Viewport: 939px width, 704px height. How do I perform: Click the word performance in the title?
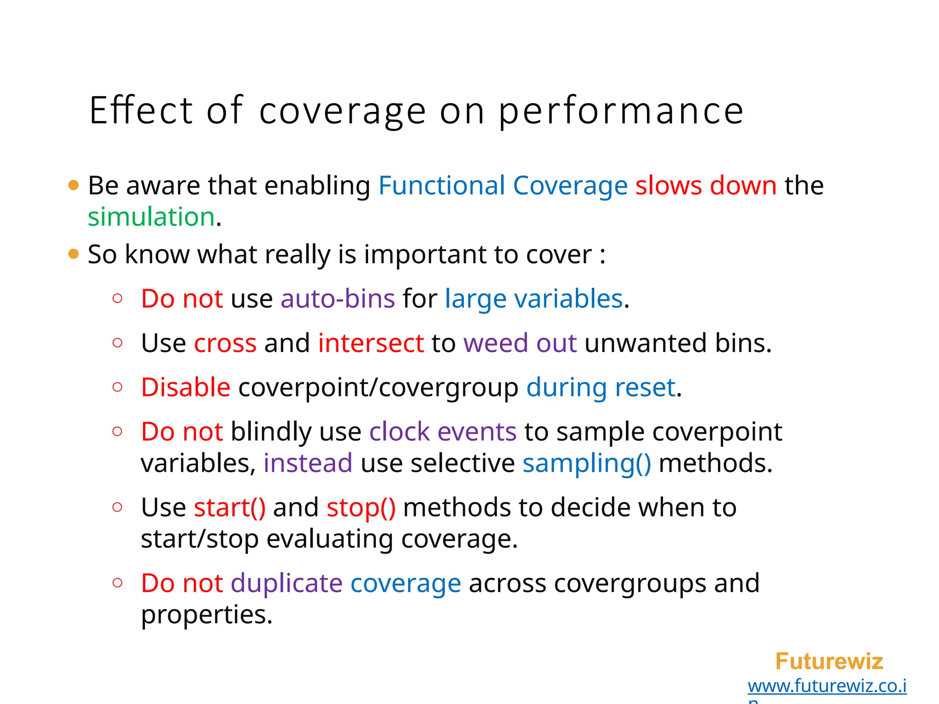click(x=621, y=112)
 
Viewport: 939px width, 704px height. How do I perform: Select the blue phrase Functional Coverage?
click(x=503, y=186)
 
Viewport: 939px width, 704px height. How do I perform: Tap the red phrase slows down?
click(x=706, y=186)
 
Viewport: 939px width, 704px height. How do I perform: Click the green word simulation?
click(x=151, y=217)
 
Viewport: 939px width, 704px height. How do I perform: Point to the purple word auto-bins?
click(x=337, y=299)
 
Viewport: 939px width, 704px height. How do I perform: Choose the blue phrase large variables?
click(x=534, y=299)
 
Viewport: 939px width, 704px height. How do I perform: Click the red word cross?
click(x=225, y=343)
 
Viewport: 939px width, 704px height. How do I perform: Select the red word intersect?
click(x=371, y=343)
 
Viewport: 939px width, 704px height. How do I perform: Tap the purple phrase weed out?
click(x=520, y=343)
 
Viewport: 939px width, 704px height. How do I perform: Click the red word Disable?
click(x=186, y=387)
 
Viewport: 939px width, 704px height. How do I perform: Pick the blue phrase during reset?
click(x=601, y=387)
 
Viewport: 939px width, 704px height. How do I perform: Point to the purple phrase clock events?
click(x=443, y=432)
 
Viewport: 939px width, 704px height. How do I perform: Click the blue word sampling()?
click(x=586, y=463)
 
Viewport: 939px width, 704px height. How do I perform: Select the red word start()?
click(x=230, y=508)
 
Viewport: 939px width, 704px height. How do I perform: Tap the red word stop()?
click(x=361, y=508)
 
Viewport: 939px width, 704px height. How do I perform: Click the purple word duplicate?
click(x=287, y=583)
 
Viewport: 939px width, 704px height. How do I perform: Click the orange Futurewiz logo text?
click(x=829, y=661)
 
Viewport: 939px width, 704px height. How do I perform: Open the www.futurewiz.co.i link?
click(x=827, y=686)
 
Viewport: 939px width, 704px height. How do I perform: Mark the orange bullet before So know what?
click(x=73, y=254)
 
